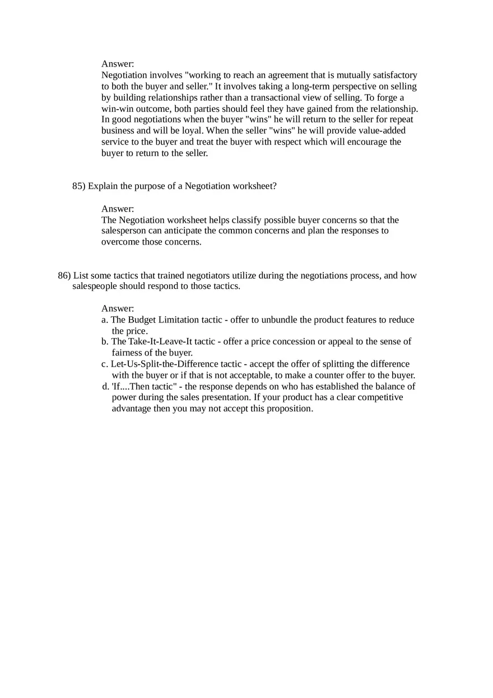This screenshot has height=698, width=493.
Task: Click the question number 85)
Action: click(x=79, y=186)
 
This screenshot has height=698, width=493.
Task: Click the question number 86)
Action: click(x=64, y=275)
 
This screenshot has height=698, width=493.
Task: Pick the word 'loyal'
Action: click(x=184, y=130)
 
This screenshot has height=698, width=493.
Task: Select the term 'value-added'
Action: click(x=381, y=130)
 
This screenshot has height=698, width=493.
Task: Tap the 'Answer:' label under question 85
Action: click(x=118, y=209)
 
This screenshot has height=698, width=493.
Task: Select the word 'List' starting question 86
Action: click(x=81, y=275)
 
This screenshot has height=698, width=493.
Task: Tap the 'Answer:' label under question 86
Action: click(x=118, y=308)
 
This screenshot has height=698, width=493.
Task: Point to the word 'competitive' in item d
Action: click(x=379, y=397)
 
